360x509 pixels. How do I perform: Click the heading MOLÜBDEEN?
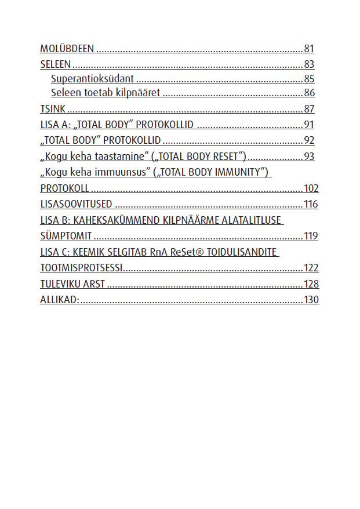67,49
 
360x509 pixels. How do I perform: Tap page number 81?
309,49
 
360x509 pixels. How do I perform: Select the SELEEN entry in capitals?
55,64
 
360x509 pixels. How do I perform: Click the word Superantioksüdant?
92,79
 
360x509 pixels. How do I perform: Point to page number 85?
309,79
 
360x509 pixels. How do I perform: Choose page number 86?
309,93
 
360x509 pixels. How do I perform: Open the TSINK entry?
53,109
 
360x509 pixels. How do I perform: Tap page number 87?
309,109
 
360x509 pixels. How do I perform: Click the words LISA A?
54,125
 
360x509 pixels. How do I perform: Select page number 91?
309,125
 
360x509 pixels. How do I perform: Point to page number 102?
311,188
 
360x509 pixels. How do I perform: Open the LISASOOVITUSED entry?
76,204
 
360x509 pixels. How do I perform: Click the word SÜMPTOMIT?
66,236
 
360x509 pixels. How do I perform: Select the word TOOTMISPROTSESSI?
81,268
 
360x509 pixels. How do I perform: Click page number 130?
311,300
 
